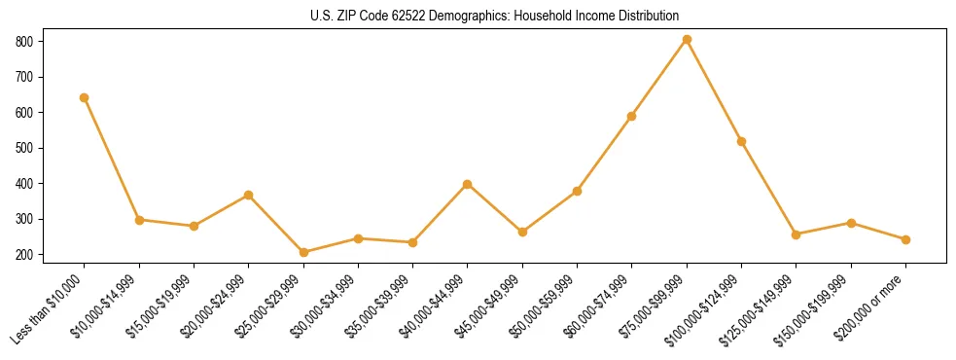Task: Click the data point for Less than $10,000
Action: point(85,97)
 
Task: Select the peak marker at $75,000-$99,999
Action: point(687,40)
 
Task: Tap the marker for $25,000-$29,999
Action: point(303,252)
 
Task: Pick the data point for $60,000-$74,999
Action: point(632,116)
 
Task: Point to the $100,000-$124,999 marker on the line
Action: point(741,141)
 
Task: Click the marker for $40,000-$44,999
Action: point(468,184)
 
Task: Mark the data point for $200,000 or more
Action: point(905,239)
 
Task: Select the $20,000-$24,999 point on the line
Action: point(249,195)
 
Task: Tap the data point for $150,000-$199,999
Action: point(851,223)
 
